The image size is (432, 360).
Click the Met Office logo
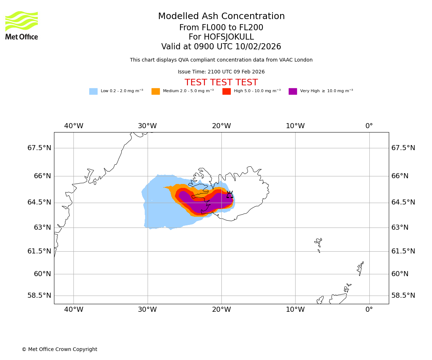point(22,25)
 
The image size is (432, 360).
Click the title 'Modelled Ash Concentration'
point(221,17)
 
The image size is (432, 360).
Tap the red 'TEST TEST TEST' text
point(221,83)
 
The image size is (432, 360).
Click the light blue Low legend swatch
point(93,91)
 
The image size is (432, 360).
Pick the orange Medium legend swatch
point(156,91)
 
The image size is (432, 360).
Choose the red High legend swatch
point(226,91)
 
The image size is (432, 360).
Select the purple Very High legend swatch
point(293,91)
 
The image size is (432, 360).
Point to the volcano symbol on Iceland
point(230,194)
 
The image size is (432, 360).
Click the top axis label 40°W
point(73,126)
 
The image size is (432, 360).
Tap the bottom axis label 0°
point(369,310)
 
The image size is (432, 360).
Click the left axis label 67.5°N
point(39,148)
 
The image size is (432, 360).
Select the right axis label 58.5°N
point(403,296)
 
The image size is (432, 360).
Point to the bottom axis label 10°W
point(295,310)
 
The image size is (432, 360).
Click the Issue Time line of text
point(221,72)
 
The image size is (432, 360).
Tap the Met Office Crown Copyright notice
point(59,350)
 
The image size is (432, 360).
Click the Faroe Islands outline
point(319,244)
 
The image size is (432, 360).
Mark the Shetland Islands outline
point(360,268)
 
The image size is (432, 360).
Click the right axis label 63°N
point(400,228)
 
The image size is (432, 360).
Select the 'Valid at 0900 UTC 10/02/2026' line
point(221,47)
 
